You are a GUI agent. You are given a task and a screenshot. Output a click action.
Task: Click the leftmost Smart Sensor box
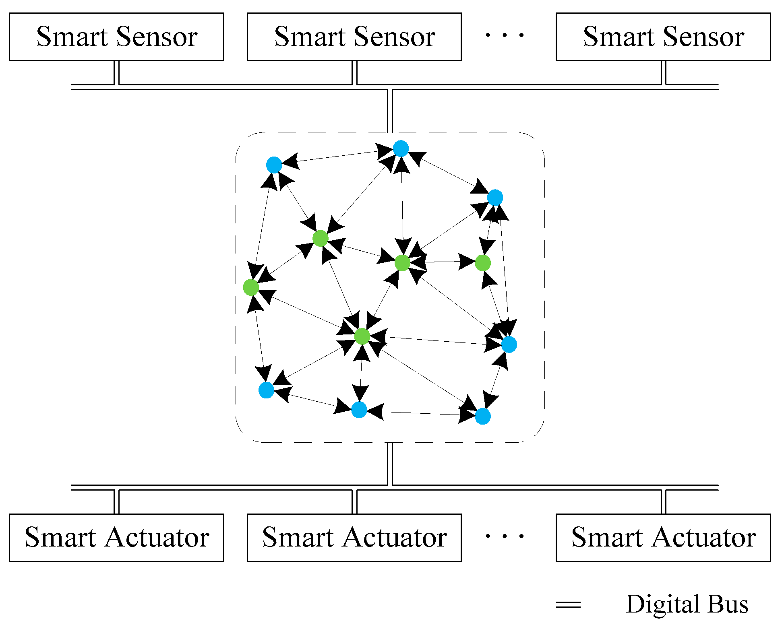116,37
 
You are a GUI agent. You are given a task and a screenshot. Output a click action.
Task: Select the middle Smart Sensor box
354,37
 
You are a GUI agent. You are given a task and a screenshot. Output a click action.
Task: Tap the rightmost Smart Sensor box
663,37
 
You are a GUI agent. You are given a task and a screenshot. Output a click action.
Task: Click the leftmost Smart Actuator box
116,537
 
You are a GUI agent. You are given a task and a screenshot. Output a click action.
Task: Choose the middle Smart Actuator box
354,537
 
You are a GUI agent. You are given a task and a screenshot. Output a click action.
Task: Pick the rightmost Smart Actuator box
663,537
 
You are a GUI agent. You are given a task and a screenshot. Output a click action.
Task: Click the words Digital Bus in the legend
687,604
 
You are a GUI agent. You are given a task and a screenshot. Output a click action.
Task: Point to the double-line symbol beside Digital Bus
568,604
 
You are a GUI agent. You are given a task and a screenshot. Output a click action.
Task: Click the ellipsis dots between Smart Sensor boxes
505,35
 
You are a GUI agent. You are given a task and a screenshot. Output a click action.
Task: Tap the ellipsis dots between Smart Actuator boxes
505,536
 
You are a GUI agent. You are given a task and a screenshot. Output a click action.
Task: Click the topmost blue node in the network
401,149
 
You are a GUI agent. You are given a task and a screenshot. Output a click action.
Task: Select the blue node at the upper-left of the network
274,165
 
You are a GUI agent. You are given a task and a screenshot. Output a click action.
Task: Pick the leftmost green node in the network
251,287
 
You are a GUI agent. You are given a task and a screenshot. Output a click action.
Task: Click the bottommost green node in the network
362,336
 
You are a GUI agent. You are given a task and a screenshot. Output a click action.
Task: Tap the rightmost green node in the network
483,263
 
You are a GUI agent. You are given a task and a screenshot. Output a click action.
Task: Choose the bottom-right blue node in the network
483,417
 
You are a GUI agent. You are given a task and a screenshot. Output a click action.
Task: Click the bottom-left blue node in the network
266,390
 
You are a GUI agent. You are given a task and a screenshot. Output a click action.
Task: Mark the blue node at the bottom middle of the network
359,410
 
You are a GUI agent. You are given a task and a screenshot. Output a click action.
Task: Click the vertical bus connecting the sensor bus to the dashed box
390,111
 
